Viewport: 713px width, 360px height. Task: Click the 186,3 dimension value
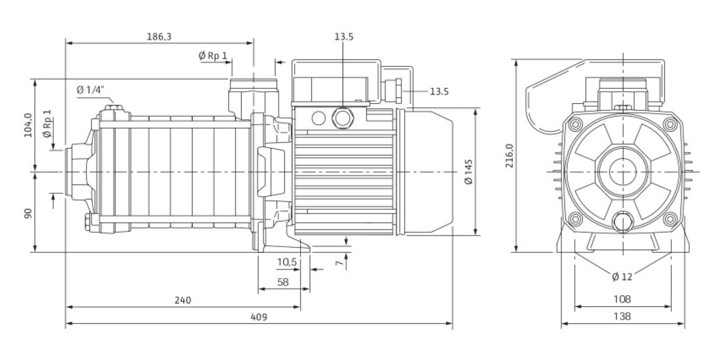point(159,36)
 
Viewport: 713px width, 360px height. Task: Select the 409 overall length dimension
point(259,317)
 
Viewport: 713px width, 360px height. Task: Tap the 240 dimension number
point(182,300)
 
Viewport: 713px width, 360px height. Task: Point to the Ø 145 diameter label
point(468,172)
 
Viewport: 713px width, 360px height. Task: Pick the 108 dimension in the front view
point(623,299)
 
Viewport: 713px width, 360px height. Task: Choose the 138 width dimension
point(623,316)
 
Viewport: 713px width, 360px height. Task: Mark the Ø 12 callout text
point(622,277)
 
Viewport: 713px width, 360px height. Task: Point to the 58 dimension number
point(283,282)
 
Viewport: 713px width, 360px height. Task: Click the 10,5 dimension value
point(287,262)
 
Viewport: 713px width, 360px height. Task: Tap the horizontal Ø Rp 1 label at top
point(213,55)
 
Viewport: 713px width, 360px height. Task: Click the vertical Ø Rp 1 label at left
point(47,124)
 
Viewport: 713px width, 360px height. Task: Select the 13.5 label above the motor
point(343,36)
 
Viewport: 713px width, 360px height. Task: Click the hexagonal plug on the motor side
point(342,117)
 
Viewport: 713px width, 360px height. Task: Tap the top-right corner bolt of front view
point(670,125)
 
